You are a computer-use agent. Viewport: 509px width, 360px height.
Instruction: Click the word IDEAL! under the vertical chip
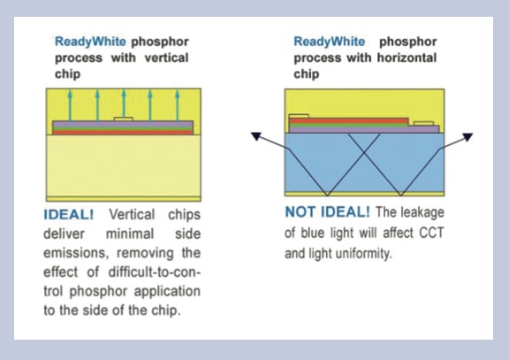tap(69, 215)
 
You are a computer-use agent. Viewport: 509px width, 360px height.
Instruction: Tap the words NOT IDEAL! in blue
tap(327, 212)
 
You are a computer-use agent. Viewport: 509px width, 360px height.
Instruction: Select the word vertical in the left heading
tap(166, 57)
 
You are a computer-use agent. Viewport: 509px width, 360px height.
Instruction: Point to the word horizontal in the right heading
tap(406, 57)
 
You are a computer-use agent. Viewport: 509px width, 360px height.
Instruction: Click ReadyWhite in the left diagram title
tap(90, 42)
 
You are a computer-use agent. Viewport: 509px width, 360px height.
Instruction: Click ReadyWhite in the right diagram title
tap(329, 42)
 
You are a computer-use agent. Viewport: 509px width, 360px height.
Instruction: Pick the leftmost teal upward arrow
tap(70, 105)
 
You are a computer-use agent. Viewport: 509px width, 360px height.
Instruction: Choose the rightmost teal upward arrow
tap(178, 105)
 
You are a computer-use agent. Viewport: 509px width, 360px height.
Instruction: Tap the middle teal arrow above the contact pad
tap(124, 103)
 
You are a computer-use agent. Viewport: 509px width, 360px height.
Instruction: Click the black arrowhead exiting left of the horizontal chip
tap(256, 136)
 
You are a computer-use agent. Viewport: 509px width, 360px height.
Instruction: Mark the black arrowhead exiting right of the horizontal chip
tap(467, 137)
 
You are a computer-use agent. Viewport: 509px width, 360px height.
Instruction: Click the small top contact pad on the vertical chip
tap(124, 119)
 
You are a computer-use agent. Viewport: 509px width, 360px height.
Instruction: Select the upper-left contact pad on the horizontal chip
tap(299, 117)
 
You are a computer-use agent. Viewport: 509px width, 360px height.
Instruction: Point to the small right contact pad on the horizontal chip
tap(424, 124)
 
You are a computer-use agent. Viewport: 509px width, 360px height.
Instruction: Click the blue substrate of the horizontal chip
tap(364, 163)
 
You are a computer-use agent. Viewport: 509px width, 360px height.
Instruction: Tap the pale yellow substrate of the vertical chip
tap(124, 165)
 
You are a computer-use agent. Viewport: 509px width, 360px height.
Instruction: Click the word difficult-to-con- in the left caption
tap(155, 272)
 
